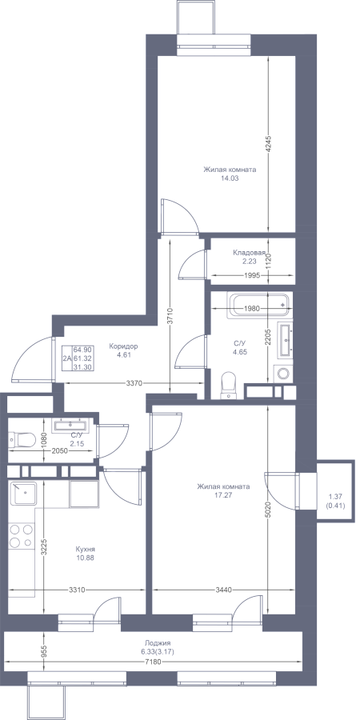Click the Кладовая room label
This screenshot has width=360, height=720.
(250, 253)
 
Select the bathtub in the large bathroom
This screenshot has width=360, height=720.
(260, 306)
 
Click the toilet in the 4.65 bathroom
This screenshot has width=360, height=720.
(228, 385)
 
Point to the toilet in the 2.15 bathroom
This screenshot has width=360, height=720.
(22, 440)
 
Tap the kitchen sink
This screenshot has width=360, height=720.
(23, 494)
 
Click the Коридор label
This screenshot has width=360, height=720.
(123, 346)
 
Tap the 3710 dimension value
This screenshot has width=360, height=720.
(170, 316)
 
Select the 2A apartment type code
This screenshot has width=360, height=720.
(67, 358)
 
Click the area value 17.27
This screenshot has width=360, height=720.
(224, 495)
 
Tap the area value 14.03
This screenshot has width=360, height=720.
(230, 178)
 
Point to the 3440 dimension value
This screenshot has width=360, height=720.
(225, 590)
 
